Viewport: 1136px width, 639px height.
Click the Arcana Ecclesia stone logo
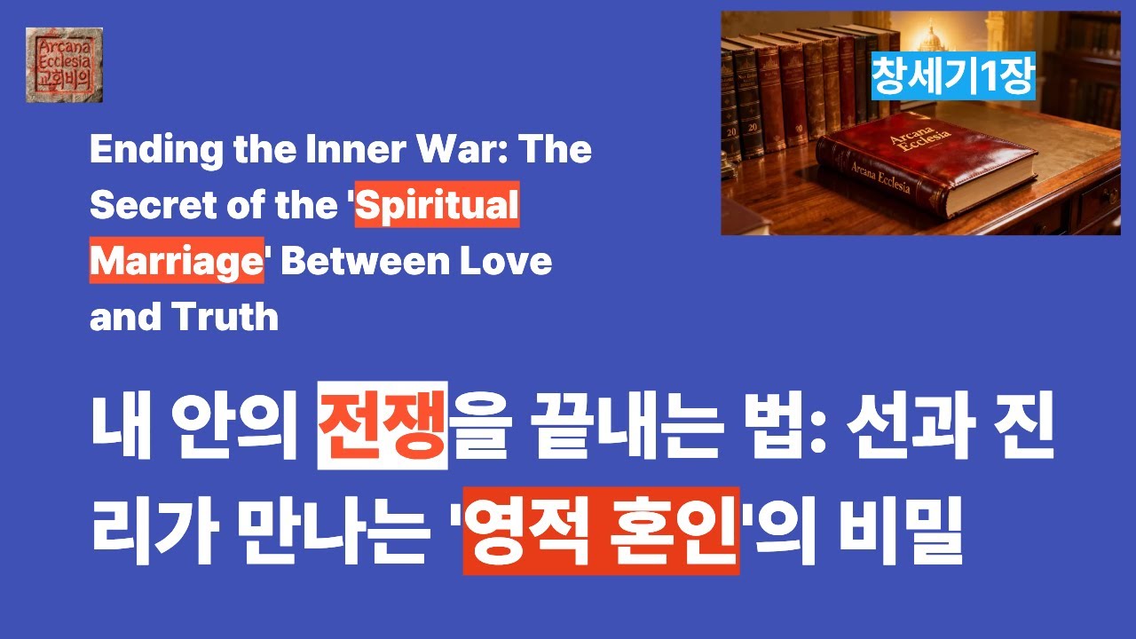pyautogui.click(x=64, y=65)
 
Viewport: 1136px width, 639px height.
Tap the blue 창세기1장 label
pyautogui.click(x=952, y=76)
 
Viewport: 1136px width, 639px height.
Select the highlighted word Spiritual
pyautogui.click(x=438, y=206)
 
